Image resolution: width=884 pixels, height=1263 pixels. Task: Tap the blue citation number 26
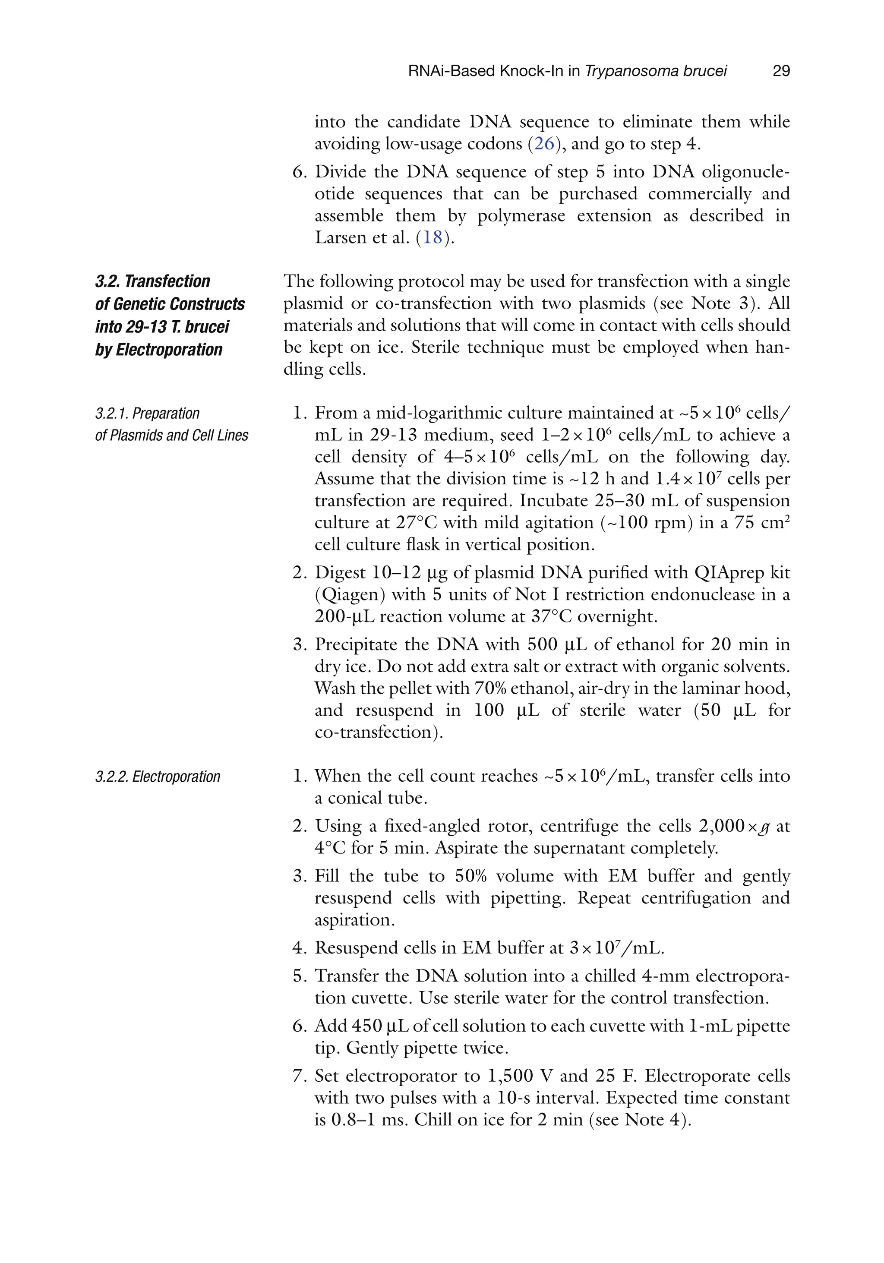544,144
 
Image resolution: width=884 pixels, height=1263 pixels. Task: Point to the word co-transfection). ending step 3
379,732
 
